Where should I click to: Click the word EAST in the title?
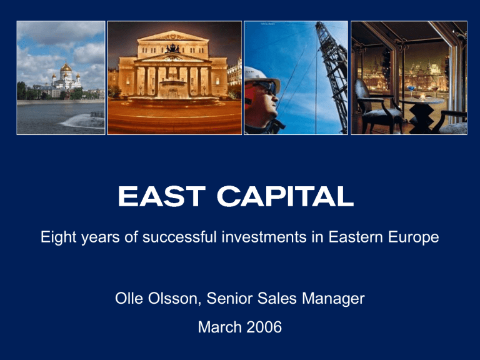[161, 196]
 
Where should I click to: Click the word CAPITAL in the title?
[285, 196]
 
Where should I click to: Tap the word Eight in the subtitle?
[59, 237]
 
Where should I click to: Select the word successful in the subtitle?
[179, 237]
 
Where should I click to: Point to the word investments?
[264, 237]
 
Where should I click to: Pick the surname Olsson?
[173, 298]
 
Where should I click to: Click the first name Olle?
[129, 298]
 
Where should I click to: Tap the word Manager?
[333, 299]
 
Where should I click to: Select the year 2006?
[264, 327]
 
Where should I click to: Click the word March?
[220, 327]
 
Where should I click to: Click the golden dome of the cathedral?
[66, 67]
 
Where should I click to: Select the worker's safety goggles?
[267, 87]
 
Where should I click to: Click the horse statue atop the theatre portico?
[173, 48]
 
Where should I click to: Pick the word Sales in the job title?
[277, 298]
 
